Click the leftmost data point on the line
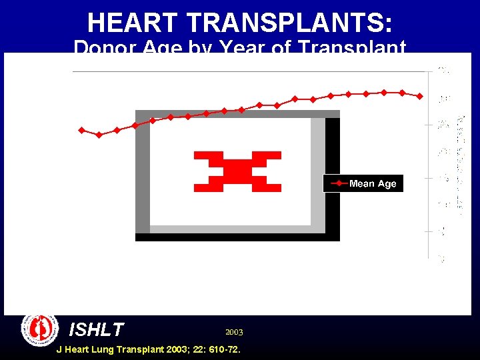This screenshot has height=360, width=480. pyautogui.click(x=82, y=130)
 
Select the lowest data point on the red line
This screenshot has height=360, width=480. pyautogui.click(x=99, y=135)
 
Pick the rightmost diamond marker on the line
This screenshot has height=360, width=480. pyautogui.click(x=419, y=96)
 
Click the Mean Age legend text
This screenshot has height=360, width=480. pyautogui.click(x=373, y=184)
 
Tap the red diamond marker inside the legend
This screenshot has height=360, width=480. pyautogui.click(x=339, y=183)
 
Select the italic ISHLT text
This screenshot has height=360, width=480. pyautogui.click(x=97, y=329)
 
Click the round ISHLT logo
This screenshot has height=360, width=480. pyautogui.click(x=40, y=329)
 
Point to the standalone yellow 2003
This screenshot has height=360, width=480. pyautogui.click(x=234, y=331)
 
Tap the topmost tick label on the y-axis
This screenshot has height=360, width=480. pyautogui.click(x=443, y=71)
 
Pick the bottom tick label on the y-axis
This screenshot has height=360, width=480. pyautogui.click(x=441, y=258)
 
